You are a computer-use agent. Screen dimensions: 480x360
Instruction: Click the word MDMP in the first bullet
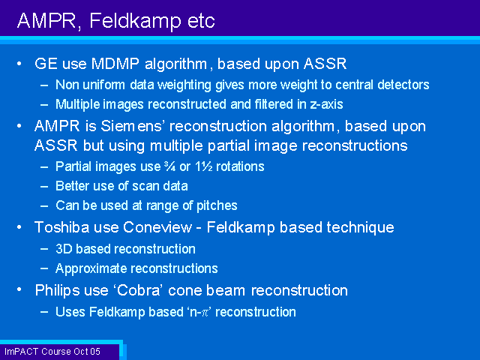tap(115, 64)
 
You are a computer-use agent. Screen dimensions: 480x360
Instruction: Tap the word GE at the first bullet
tap(46, 64)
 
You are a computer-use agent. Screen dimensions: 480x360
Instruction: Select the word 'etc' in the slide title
tap(201, 21)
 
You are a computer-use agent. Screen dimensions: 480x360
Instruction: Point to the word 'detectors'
tap(403, 85)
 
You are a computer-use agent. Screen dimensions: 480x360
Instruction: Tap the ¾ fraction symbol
tap(169, 166)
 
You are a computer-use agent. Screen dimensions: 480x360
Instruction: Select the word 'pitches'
tap(217, 205)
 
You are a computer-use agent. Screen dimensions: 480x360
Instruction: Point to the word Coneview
tap(157, 227)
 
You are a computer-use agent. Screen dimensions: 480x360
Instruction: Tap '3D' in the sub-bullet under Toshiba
tap(64, 249)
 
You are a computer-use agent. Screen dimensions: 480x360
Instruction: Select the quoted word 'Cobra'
tap(139, 290)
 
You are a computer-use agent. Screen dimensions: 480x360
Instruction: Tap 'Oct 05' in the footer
tap(87, 352)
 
